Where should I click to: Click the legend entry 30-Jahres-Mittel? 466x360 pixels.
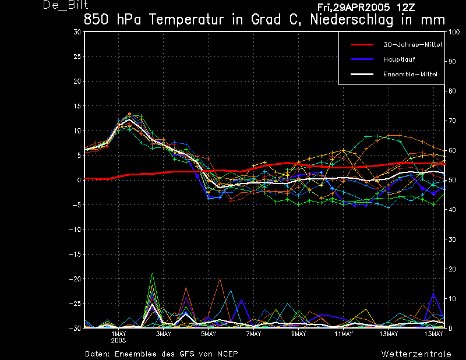coord(412,45)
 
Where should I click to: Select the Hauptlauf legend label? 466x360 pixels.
coord(399,59)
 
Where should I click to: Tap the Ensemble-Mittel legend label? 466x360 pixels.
coord(410,74)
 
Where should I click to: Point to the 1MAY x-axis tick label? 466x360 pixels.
coord(119,334)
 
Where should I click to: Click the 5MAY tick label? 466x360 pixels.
coord(209,334)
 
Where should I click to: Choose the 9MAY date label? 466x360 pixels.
coord(298,334)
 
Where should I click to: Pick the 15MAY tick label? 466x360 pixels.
coord(433,334)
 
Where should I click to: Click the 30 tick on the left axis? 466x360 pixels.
coord(77,31)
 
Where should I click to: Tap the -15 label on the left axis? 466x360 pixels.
coord(75,254)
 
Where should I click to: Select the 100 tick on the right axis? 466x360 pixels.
coord(454,32)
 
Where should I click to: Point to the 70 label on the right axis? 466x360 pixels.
coord(452,121)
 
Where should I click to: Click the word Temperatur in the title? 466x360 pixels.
coord(186,20)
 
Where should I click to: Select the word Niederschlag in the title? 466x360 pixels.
coord(352,20)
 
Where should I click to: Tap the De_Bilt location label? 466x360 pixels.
coord(65,5)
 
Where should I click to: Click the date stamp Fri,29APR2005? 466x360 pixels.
coord(354,8)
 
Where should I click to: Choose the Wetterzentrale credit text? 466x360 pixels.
coord(416,354)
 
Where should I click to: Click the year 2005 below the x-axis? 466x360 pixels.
coord(119,341)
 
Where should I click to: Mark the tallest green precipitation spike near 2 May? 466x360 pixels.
coord(153,273)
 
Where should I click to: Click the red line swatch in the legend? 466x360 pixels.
coord(362,45)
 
